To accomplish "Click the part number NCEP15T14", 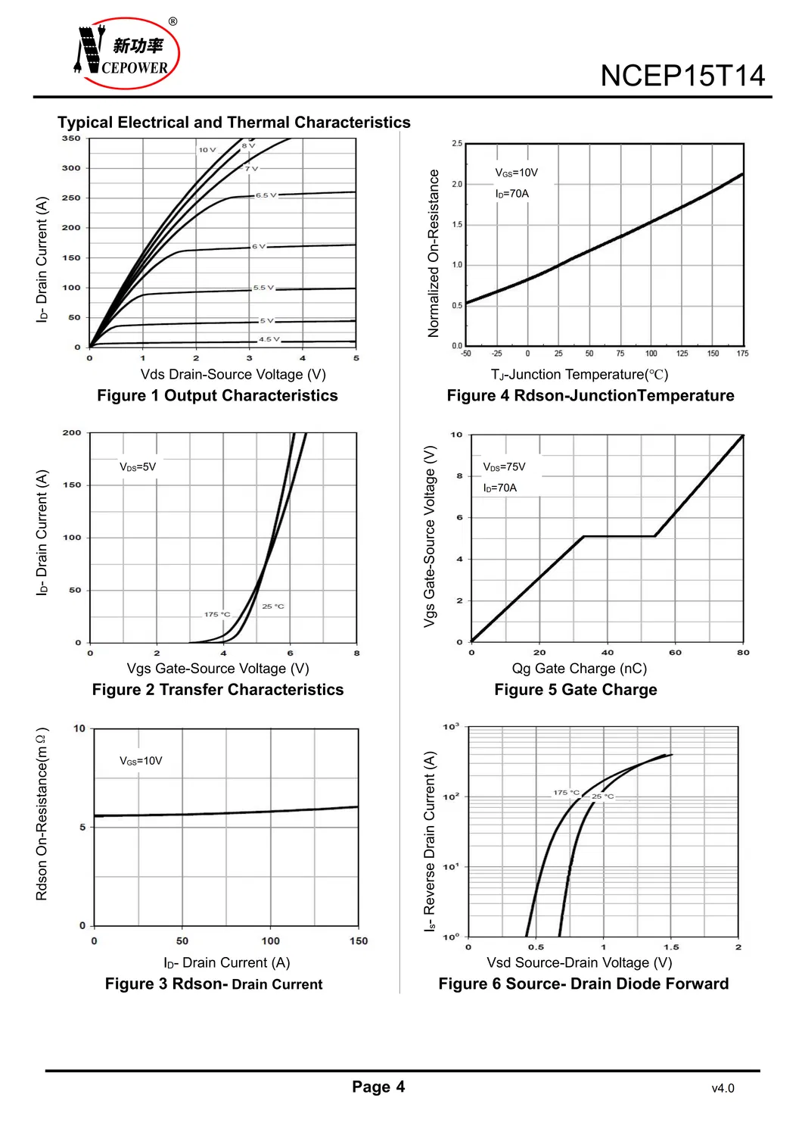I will pyautogui.click(x=682, y=76).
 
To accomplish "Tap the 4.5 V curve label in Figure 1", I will pyautogui.click(x=269, y=339).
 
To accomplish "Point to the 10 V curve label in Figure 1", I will pyautogui.click(x=207, y=150).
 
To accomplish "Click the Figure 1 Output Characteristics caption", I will pyautogui.click(x=217, y=395).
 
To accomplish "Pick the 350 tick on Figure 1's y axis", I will pyautogui.click(x=71, y=139).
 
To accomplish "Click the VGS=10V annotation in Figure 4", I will pyautogui.click(x=517, y=173).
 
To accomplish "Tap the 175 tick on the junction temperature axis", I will pyautogui.click(x=742, y=354).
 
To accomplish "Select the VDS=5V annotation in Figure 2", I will pyautogui.click(x=138, y=466).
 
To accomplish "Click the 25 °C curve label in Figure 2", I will pyautogui.click(x=273, y=606).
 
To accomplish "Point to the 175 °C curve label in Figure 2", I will pyautogui.click(x=217, y=614).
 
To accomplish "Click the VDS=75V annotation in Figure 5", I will pyautogui.click(x=504, y=466).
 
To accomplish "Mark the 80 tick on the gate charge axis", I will pyautogui.click(x=743, y=652).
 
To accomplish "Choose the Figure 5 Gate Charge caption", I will pyautogui.click(x=576, y=690).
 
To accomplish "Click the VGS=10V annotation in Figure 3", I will pyautogui.click(x=141, y=761).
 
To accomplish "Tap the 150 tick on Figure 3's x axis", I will pyautogui.click(x=359, y=941).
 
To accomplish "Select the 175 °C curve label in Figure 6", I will pyautogui.click(x=566, y=793).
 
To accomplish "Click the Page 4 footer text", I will pyautogui.click(x=378, y=1087).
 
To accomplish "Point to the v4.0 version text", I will pyautogui.click(x=723, y=1089).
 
